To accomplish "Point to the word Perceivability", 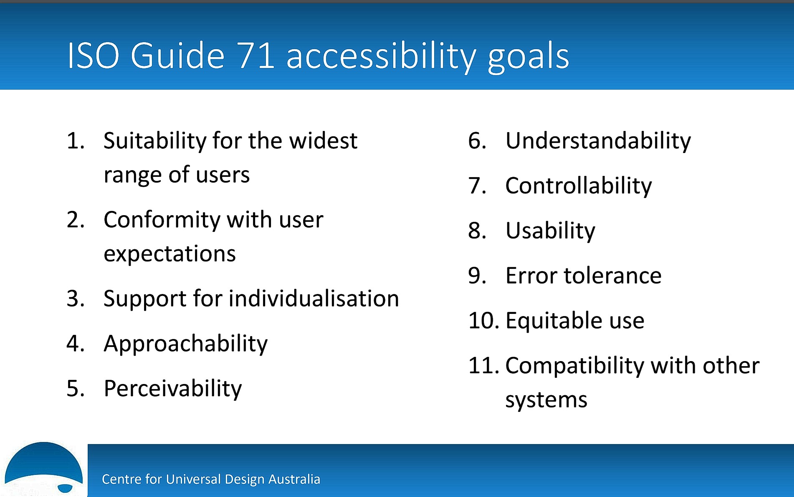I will click(172, 389).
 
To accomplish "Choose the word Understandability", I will click(598, 141).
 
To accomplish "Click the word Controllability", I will click(578, 186).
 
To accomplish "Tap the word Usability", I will click(550, 231).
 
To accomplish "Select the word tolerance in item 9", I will click(612, 276).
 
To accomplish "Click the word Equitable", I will click(551, 321).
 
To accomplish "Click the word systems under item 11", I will click(546, 400).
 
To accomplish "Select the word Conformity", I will click(161, 220).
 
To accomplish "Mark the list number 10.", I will click(483, 321).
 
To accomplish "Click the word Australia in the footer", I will click(294, 479).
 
